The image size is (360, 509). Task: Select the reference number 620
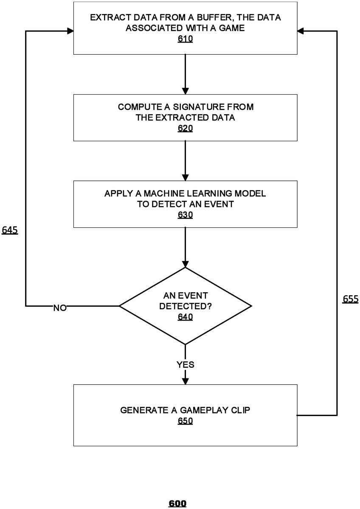(x=185, y=128)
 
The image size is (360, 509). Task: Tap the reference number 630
(x=185, y=215)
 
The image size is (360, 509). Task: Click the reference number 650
(x=185, y=421)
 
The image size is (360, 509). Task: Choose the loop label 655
(x=351, y=299)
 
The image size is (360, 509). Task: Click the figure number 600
(x=177, y=503)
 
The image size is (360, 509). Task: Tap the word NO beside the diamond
(x=60, y=308)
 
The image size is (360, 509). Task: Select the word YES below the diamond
(x=186, y=364)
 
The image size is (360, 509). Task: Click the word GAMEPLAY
(x=194, y=410)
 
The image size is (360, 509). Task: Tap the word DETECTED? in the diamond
(x=186, y=306)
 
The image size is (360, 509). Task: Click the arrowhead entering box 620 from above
(x=185, y=91)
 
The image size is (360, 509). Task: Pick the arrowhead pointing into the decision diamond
(x=185, y=264)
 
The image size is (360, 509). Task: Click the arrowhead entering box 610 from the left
(x=70, y=31)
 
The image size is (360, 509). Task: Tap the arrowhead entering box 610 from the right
(x=301, y=31)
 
